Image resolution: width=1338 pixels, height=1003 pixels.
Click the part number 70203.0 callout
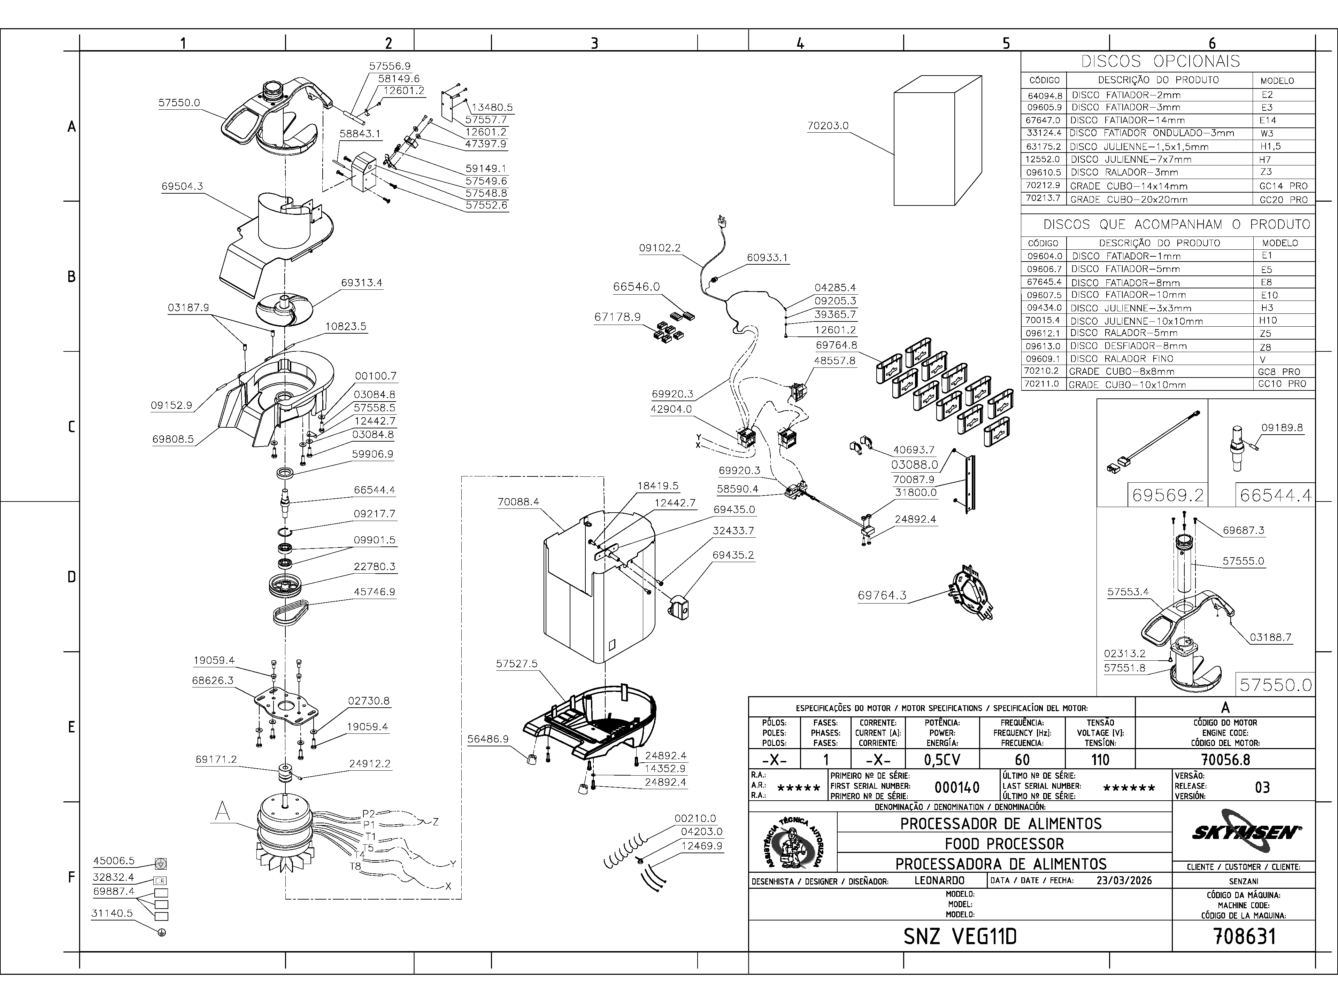click(x=828, y=126)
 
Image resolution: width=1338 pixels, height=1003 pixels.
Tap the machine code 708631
click(x=1244, y=936)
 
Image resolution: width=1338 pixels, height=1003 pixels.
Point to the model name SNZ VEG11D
click(x=960, y=936)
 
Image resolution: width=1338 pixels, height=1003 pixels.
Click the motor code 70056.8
click(x=1225, y=759)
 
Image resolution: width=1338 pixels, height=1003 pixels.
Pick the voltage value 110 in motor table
click(x=1100, y=759)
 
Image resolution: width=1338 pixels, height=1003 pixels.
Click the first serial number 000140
click(x=957, y=787)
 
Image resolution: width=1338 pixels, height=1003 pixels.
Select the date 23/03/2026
click(x=1124, y=880)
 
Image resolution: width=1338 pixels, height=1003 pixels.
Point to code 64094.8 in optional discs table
click(x=1044, y=95)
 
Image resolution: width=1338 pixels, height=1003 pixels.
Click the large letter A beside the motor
click(x=223, y=811)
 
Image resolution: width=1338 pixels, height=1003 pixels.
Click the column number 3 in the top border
click(x=594, y=43)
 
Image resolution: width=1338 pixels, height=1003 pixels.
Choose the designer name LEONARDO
click(x=939, y=880)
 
